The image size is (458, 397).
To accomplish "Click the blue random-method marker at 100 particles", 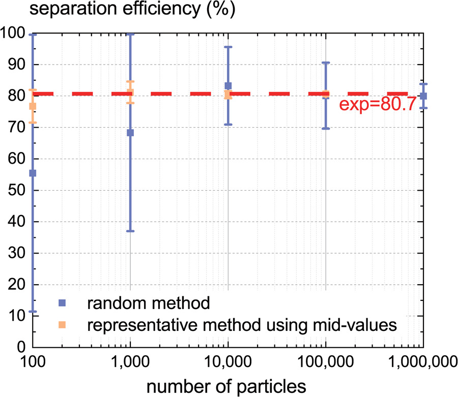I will click(33, 173).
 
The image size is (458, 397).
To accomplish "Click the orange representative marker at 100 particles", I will click(33, 106).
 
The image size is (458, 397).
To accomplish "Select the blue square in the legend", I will click(62, 303).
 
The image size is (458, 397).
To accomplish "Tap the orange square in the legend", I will click(62, 326).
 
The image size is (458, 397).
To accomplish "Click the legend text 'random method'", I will click(149, 303).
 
